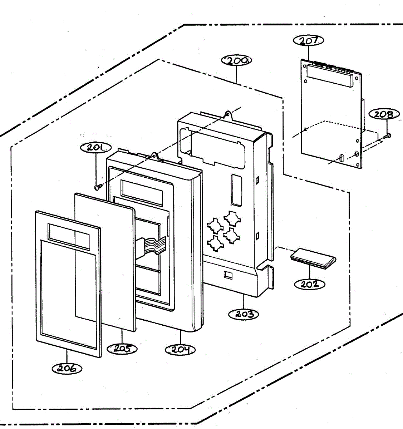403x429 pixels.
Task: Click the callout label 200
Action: click(x=237, y=60)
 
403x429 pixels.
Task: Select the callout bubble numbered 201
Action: click(x=96, y=147)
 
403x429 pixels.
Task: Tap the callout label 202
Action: click(x=310, y=284)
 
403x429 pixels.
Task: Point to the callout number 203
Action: click(x=243, y=314)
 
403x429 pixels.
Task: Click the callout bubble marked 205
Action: click(x=122, y=348)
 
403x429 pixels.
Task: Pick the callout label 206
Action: click(x=67, y=368)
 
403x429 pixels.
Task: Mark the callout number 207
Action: click(x=308, y=40)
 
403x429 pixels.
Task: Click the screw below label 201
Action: click(x=98, y=187)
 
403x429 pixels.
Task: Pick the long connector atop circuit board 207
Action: click(x=329, y=76)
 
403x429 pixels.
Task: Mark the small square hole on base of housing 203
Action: click(x=227, y=275)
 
